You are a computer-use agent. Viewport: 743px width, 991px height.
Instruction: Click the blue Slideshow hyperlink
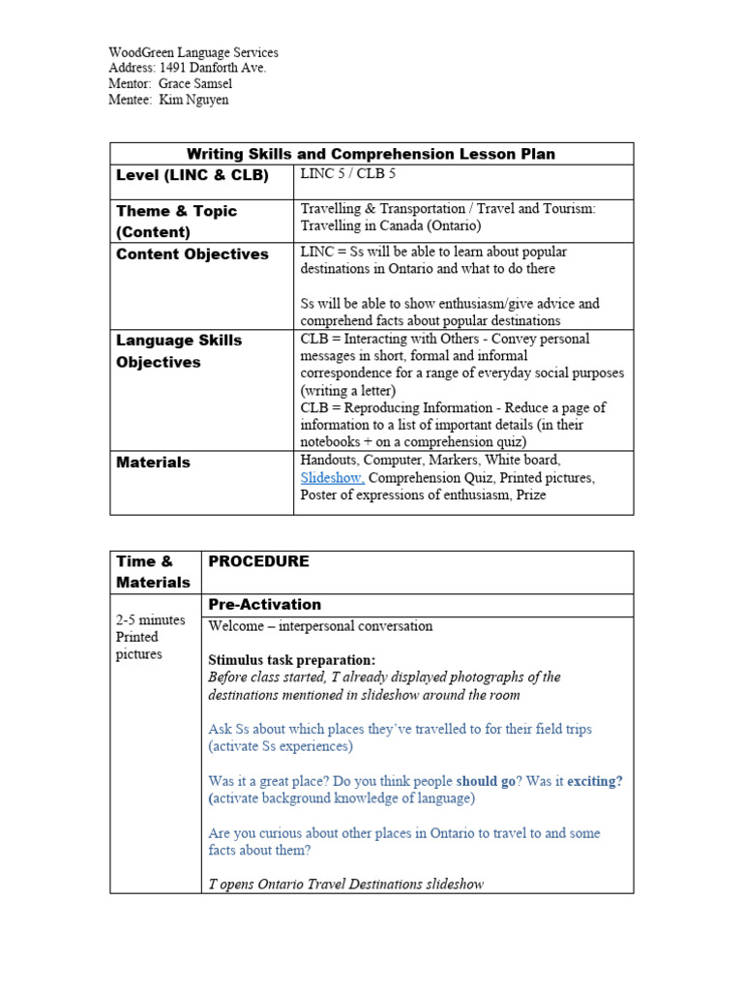click(x=332, y=478)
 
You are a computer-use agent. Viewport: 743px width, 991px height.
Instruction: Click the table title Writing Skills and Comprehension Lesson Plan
click(x=371, y=154)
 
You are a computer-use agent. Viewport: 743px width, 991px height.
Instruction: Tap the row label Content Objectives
click(x=193, y=255)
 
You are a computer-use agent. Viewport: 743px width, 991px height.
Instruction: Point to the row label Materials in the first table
click(x=153, y=463)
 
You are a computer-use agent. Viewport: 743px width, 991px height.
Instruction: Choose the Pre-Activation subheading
click(x=264, y=605)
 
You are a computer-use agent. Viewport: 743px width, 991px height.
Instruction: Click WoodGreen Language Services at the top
click(x=193, y=52)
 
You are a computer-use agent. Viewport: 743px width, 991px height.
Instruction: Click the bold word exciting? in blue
click(x=594, y=781)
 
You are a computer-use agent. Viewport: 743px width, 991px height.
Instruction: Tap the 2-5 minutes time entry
click(x=150, y=620)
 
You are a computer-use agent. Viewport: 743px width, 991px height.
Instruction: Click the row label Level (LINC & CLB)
click(x=193, y=175)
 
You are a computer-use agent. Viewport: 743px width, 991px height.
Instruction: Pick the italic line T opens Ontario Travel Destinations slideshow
click(x=345, y=884)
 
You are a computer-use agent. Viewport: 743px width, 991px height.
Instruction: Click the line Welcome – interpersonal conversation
click(x=320, y=626)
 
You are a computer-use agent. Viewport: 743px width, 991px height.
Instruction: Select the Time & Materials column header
click(x=153, y=572)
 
